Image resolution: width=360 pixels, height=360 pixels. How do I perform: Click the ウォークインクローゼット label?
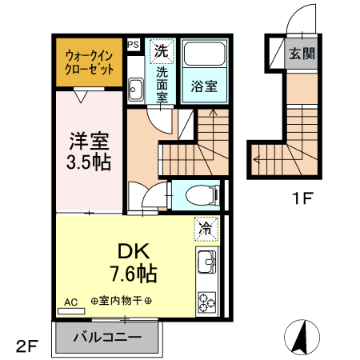89,62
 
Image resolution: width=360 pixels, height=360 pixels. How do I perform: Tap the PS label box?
133,45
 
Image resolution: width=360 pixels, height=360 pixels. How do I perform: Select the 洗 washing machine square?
162,50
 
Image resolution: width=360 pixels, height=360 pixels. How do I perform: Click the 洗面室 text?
162,84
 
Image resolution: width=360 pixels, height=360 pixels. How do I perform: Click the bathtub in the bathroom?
204,57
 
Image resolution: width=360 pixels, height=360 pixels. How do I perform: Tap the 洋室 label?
88,141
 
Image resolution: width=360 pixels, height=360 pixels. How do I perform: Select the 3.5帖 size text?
88,162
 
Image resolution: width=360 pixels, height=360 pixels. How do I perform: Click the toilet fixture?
199,194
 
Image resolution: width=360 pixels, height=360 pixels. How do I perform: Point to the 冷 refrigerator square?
206,229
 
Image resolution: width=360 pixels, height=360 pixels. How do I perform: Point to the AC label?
70,302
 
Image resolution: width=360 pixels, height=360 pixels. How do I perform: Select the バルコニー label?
107,337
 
